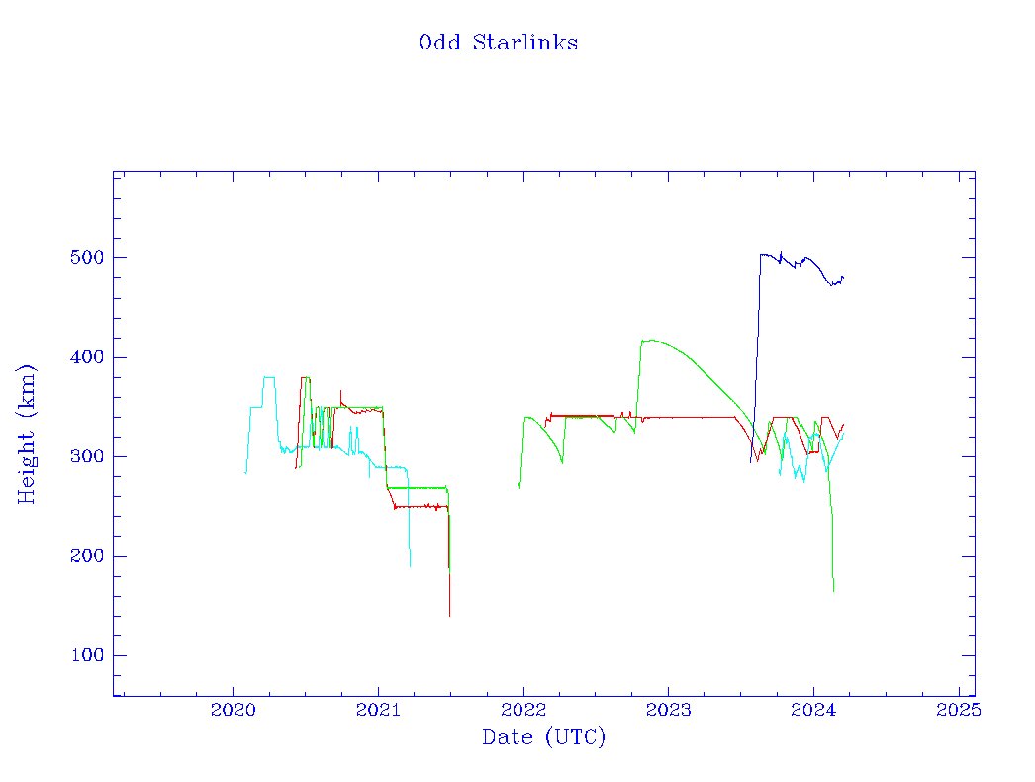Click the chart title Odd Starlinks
[498, 43]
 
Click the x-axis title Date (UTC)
[543, 737]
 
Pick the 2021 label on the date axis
[378, 710]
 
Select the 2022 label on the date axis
[523, 710]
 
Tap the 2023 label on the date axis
[668, 710]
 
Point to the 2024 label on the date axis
[813, 710]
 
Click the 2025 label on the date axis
[959, 710]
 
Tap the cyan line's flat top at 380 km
[268, 377]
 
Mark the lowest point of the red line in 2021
[449, 616]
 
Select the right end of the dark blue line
[843, 277]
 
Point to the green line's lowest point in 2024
[834, 591]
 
